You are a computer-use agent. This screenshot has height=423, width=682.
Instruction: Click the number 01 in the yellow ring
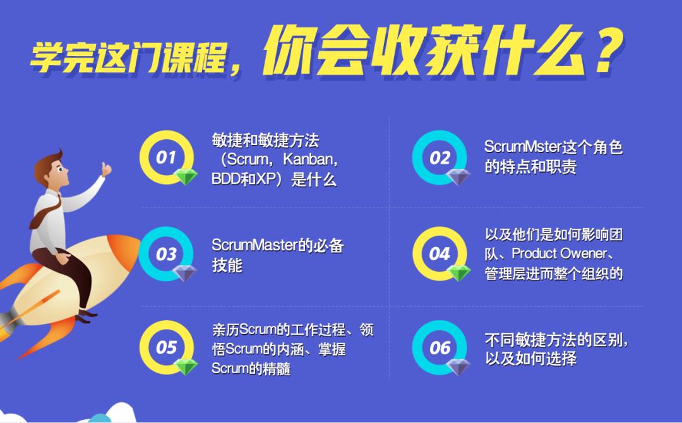tap(165, 157)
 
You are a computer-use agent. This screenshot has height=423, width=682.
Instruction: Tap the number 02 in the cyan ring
tap(440, 158)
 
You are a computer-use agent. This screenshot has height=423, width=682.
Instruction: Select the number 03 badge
tap(165, 254)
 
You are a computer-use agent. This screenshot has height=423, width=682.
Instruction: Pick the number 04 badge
tap(440, 253)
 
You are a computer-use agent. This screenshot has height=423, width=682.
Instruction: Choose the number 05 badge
tap(165, 347)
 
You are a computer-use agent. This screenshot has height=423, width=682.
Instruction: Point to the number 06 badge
tap(440, 347)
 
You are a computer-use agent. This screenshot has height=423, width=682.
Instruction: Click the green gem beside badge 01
tap(186, 177)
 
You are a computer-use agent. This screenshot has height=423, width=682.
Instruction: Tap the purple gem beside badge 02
tap(458, 177)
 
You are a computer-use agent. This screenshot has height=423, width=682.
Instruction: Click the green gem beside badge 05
tap(186, 367)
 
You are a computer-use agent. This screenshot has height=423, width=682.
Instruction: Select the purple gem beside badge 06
tap(458, 367)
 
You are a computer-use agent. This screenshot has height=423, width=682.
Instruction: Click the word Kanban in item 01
tap(308, 159)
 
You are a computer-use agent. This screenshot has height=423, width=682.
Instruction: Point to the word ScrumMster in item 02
tap(522, 147)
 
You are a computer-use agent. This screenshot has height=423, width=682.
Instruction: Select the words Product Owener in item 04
tap(559, 253)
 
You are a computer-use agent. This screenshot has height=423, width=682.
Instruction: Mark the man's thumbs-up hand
tap(105, 169)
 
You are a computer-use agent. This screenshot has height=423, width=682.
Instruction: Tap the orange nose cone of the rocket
tap(126, 249)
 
